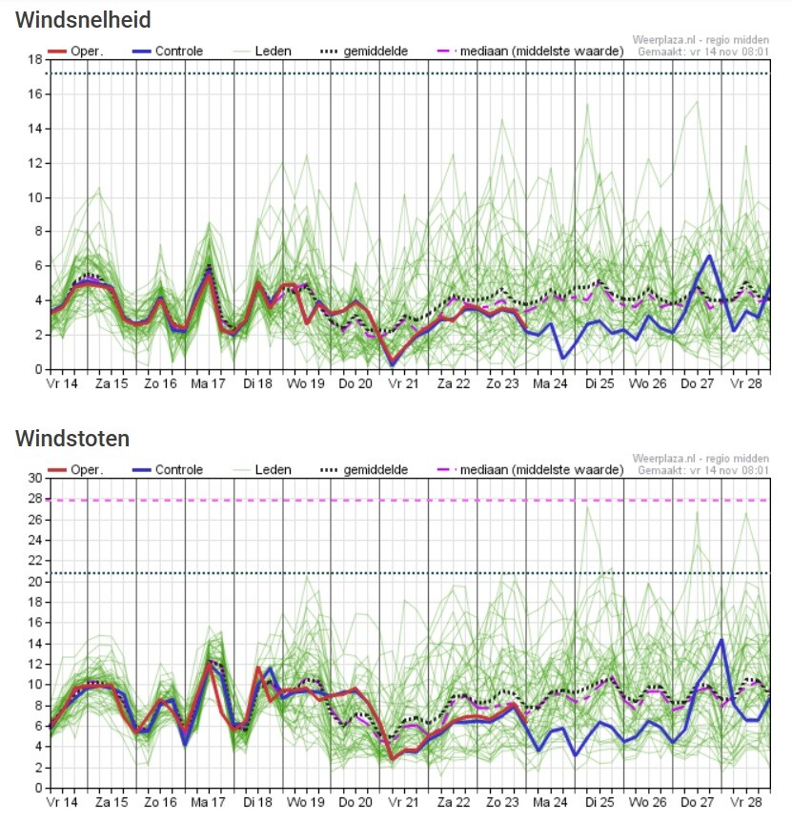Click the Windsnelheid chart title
point(83,20)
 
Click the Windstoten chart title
point(72,439)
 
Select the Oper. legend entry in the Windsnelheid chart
point(75,51)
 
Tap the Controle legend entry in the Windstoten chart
point(168,469)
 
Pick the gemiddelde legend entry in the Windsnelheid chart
point(364,51)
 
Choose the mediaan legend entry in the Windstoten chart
point(530,469)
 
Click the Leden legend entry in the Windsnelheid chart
point(262,51)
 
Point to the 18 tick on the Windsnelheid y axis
point(35,59)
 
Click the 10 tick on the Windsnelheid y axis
point(35,197)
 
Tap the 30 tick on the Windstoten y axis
point(35,478)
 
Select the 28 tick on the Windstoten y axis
point(35,499)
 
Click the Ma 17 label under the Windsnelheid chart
point(208,383)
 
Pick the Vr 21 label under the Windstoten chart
point(403,802)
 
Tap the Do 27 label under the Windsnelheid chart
point(697,383)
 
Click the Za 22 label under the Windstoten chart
point(454,802)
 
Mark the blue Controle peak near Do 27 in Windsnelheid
point(709,257)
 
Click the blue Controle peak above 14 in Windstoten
point(721,640)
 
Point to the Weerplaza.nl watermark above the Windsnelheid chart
point(701,40)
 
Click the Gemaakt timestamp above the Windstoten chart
point(702,470)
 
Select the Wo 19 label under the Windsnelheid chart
point(305,383)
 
